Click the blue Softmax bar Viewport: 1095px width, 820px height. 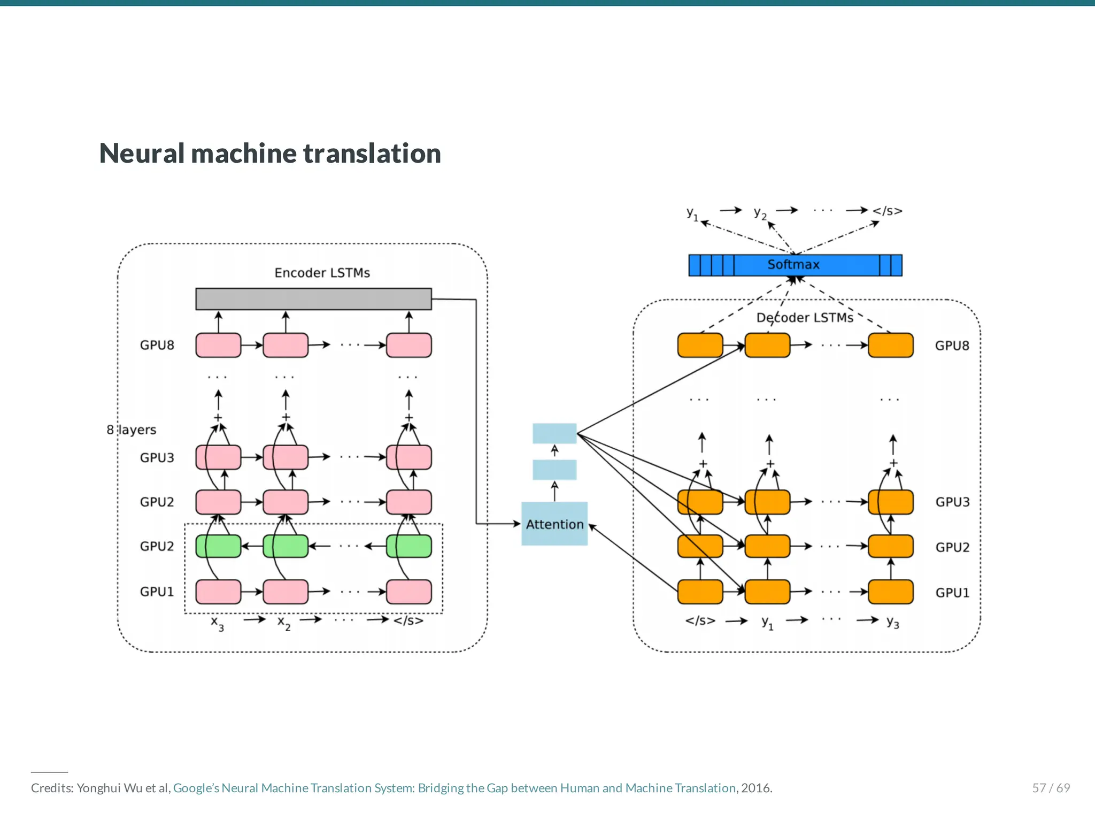pos(795,265)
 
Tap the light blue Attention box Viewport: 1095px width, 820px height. pos(554,524)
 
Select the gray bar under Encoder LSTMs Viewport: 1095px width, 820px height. pos(313,299)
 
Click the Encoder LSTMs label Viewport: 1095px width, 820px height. pos(322,273)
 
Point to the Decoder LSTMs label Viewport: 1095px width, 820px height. pos(805,318)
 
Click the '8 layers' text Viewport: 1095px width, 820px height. pos(132,430)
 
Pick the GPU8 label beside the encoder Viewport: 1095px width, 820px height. pos(157,345)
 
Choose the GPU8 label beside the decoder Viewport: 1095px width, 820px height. pos(952,346)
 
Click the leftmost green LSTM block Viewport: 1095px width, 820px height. pos(218,546)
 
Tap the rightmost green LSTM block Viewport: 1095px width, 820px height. pos(409,546)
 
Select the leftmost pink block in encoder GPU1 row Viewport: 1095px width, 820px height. pos(218,592)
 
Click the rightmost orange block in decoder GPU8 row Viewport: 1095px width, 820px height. pos(890,345)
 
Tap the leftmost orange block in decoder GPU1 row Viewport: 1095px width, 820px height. pos(700,592)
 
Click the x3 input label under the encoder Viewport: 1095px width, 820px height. pos(217,623)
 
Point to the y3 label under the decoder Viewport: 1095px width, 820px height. pos(892,622)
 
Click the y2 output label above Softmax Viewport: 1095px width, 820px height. pos(760,213)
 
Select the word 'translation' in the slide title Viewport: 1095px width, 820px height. pos(372,154)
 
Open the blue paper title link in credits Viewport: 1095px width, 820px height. pos(454,788)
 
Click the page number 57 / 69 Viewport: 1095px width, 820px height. pos(1051,788)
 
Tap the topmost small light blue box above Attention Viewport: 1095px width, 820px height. pos(554,433)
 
